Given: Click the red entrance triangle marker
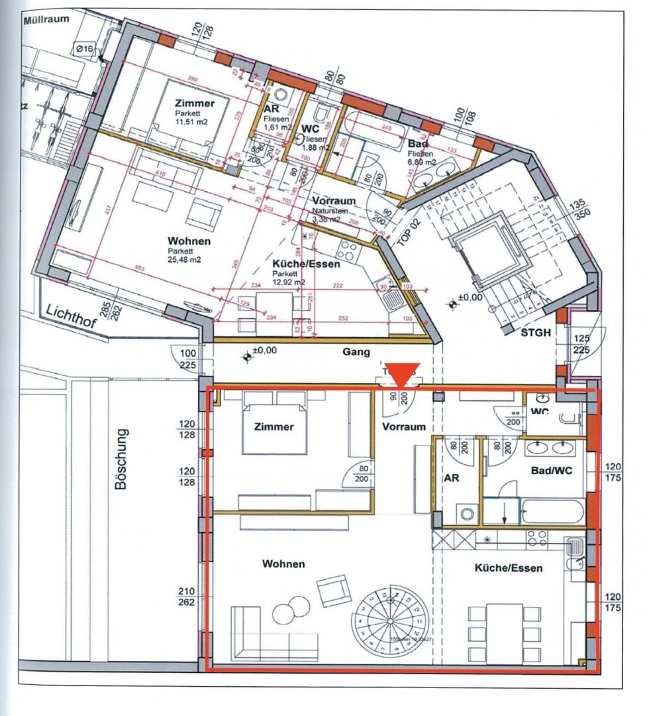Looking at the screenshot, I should pyautogui.click(x=403, y=375).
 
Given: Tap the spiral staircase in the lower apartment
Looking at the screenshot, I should pyautogui.click(x=391, y=619).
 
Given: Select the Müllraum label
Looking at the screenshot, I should pyautogui.click(x=46, y=21).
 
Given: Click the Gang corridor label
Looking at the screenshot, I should pyautogui.click(x=356, y=352).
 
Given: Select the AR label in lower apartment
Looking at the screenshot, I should pyautogui.click(x=451, y=477).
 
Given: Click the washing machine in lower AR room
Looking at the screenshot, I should pyautogui.click(x=467, y=513).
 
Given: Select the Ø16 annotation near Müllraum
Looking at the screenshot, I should pyautogui.click(x=85, y=48).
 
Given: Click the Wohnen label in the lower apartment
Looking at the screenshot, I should pyautogui.click(x=283, y=564).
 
